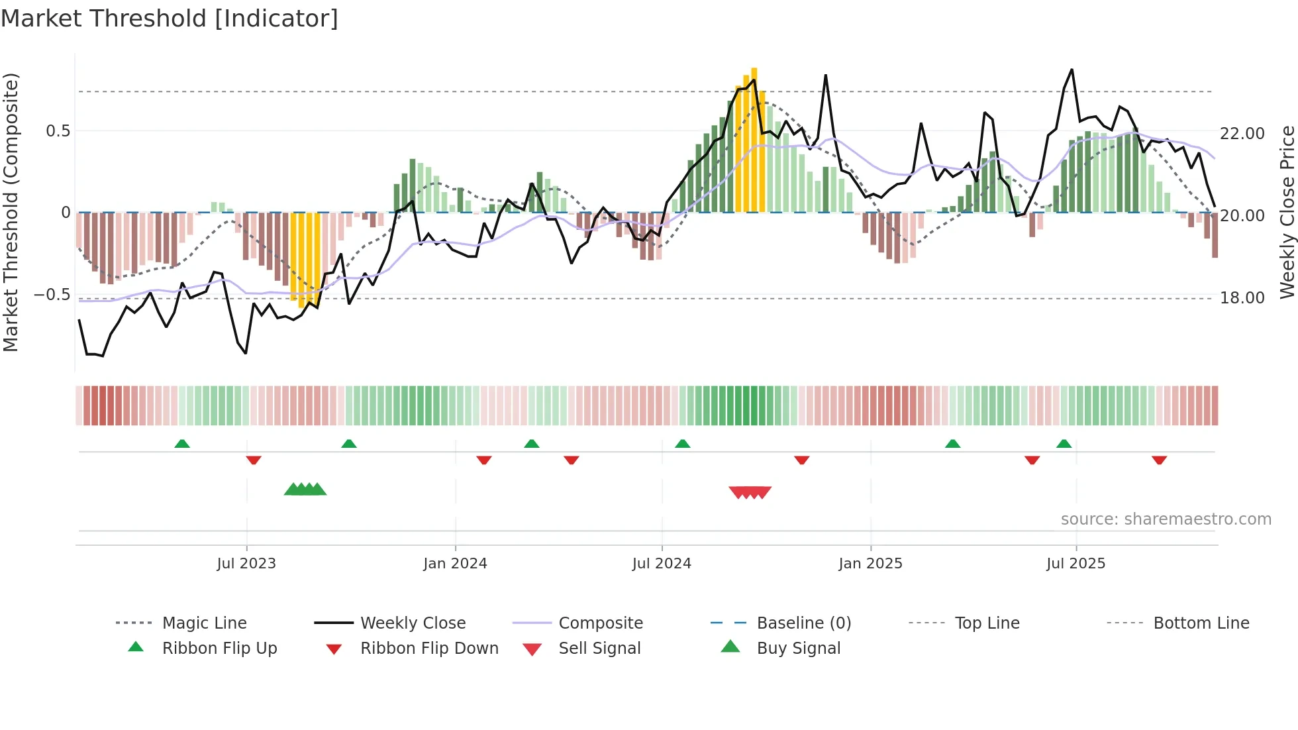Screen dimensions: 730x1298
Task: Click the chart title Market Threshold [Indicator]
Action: click(170, 19)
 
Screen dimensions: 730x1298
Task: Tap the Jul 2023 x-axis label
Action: click(246, 564)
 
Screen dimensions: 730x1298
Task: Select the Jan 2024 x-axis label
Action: click(455, 564)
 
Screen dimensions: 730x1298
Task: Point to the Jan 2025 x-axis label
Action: click(870, 564)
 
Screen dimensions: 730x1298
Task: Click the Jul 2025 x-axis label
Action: click(1076, 564)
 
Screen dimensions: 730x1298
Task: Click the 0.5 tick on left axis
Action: click(58, 131)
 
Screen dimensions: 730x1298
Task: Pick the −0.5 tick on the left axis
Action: click(52, 295)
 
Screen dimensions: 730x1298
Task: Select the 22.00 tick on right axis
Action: click(1242, 134)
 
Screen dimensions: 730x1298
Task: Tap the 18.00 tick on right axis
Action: click(1242, 298)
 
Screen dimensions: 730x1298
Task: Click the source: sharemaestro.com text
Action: click(1166, 519)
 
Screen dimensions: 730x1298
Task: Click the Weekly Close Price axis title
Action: click(1287, 212)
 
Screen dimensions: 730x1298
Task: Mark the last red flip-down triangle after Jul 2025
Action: click(1159, 460)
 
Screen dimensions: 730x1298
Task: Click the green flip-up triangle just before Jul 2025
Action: click(1064, 444)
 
